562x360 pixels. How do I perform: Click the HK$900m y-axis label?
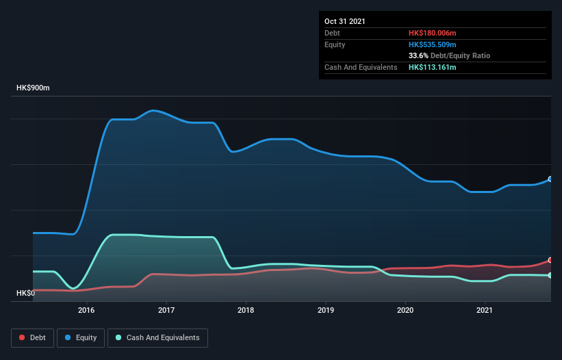point(34,88)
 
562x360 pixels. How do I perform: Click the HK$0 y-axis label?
point(25,293)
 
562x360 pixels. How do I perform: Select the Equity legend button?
point(81,337)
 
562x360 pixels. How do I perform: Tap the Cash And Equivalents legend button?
point(157,337)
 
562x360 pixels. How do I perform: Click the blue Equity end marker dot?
point(550,179)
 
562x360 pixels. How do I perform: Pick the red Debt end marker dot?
point(550,260)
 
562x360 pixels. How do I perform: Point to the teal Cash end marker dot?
point(550,275)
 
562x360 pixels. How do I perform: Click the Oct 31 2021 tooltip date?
point(345,21)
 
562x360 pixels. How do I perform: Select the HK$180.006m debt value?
point(432,33)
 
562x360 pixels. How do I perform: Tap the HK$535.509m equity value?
point(432,44)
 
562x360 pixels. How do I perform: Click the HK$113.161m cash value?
point(432,67)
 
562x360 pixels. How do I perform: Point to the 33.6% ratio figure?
point(418,55)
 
